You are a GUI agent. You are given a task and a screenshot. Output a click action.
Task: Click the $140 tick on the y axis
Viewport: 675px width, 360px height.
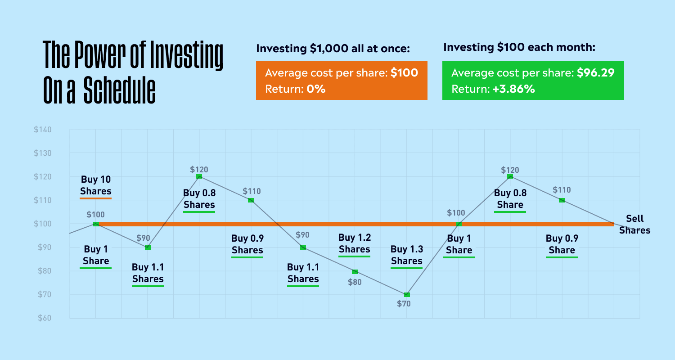point(42,130)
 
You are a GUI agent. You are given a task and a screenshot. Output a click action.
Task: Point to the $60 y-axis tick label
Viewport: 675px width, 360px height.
point(44,318)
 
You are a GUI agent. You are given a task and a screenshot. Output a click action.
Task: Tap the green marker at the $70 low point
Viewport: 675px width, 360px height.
point(407,295)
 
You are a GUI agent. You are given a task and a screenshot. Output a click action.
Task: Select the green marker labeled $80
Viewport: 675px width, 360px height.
point(355,272)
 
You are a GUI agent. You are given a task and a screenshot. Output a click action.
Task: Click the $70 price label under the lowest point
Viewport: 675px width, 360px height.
point(404,304)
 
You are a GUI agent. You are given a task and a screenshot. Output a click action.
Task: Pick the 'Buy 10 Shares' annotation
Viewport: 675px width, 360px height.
point(95,185)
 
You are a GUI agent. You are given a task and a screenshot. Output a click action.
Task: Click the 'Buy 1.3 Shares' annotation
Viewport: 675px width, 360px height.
point(407,255)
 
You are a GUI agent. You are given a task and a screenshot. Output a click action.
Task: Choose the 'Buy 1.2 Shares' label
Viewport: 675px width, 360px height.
point(355,243)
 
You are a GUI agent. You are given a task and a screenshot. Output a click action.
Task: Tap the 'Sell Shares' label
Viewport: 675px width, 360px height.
point(634,225)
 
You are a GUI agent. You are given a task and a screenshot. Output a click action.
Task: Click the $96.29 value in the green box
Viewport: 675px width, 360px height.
point(595,72)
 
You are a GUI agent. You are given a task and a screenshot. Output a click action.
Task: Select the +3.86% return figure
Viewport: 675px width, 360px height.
point(513,89)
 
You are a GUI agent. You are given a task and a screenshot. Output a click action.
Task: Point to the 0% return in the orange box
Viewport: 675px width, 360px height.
point(316,89)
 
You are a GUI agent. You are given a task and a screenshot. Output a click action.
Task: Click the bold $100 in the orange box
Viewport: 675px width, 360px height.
point(404,72)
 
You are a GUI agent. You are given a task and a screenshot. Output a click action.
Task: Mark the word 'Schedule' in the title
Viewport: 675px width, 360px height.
point(120,90)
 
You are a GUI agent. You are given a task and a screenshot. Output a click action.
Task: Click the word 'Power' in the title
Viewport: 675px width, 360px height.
point(100,54)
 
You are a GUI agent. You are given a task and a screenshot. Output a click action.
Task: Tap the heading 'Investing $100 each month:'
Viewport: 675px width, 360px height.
point(519,47)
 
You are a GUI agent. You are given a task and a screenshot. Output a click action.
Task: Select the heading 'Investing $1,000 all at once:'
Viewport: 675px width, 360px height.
point(333,48)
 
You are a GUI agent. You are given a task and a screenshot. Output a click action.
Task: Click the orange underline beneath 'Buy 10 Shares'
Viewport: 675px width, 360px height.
point(95,198)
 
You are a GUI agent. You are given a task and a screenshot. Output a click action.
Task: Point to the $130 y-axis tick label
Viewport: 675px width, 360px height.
point(42,153)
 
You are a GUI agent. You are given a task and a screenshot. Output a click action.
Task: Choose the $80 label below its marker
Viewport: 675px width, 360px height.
point(355,282)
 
